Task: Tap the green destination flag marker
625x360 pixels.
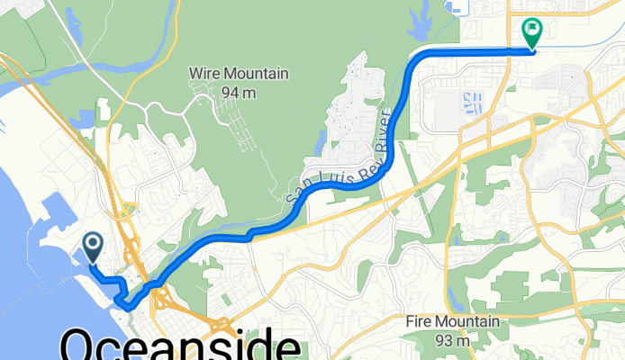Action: coord(531,32)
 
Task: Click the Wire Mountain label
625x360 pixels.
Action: coord(238,73)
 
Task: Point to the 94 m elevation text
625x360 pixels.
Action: coord(239,92)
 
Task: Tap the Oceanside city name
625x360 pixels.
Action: coord(180,346)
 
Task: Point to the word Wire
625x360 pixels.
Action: coord(204,73)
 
